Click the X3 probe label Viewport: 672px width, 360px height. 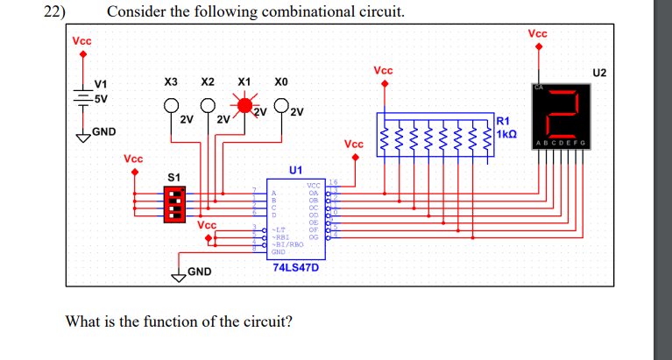(x=172, y=81)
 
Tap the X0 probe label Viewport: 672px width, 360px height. (x=280, y=81)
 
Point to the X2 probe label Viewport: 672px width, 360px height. (x=209, y=81)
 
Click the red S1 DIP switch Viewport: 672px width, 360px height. (x=174, y=205)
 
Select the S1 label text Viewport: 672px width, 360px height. (x=173, y=178)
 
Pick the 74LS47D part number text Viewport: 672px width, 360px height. (x=296, y=266)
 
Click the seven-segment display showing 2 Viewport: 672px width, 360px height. (x=561, y=109)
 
